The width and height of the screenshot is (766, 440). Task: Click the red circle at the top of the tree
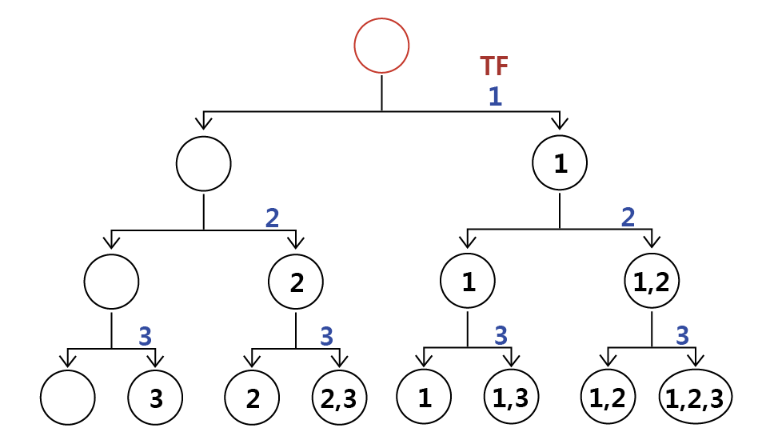(381, 46)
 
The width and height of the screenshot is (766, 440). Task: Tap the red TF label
(494, 66)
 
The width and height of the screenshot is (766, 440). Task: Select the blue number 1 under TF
(495, 97)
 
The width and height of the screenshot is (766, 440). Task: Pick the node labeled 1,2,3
(696, 397)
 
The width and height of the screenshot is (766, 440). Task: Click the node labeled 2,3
(339, 397)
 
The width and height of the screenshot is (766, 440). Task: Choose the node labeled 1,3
(511, 397)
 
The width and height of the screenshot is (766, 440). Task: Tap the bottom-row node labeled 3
(155, 397)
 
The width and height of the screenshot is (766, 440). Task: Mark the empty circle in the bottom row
(68, 397)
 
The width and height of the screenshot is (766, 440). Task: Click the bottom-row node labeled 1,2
(608, 397)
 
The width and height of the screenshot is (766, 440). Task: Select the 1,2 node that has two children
(652, 281)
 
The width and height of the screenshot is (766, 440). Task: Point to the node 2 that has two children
(296, 282)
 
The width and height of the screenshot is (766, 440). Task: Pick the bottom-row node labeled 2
(252, 397)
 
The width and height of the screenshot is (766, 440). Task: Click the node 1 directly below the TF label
(560, 163)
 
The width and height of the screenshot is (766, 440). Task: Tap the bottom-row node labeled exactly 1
(424, 397)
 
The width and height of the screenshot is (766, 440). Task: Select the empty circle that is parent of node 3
(111, 282)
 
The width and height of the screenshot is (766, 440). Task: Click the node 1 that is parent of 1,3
(468, 281)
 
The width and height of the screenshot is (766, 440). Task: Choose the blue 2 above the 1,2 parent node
(628, 216)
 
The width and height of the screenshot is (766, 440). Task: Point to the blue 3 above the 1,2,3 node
(682, 335)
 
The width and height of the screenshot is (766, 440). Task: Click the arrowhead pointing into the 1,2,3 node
(696, 362)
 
